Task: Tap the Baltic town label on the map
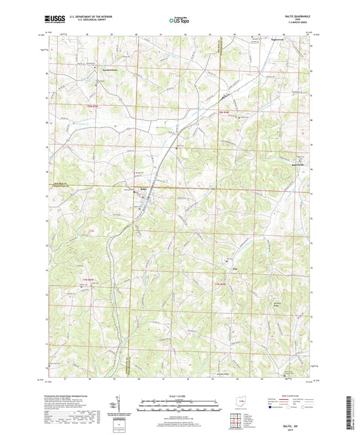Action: (x=143, y=188)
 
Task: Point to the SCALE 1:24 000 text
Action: (x=179, y=396)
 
